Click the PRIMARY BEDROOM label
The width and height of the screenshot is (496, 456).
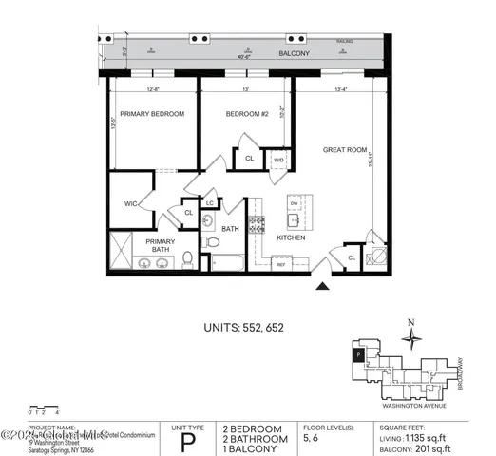pos(152,114)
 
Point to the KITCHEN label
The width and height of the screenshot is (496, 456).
pos(291,237)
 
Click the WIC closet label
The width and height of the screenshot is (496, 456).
pos(131,202)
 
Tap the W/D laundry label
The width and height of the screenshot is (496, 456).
pos(278,161)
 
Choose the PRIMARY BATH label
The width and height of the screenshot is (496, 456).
pos(161,246)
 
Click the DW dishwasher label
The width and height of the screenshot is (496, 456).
pos(295,204)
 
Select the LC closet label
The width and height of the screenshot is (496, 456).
pos(209,202)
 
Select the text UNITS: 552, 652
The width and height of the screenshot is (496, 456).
pos(244,328)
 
